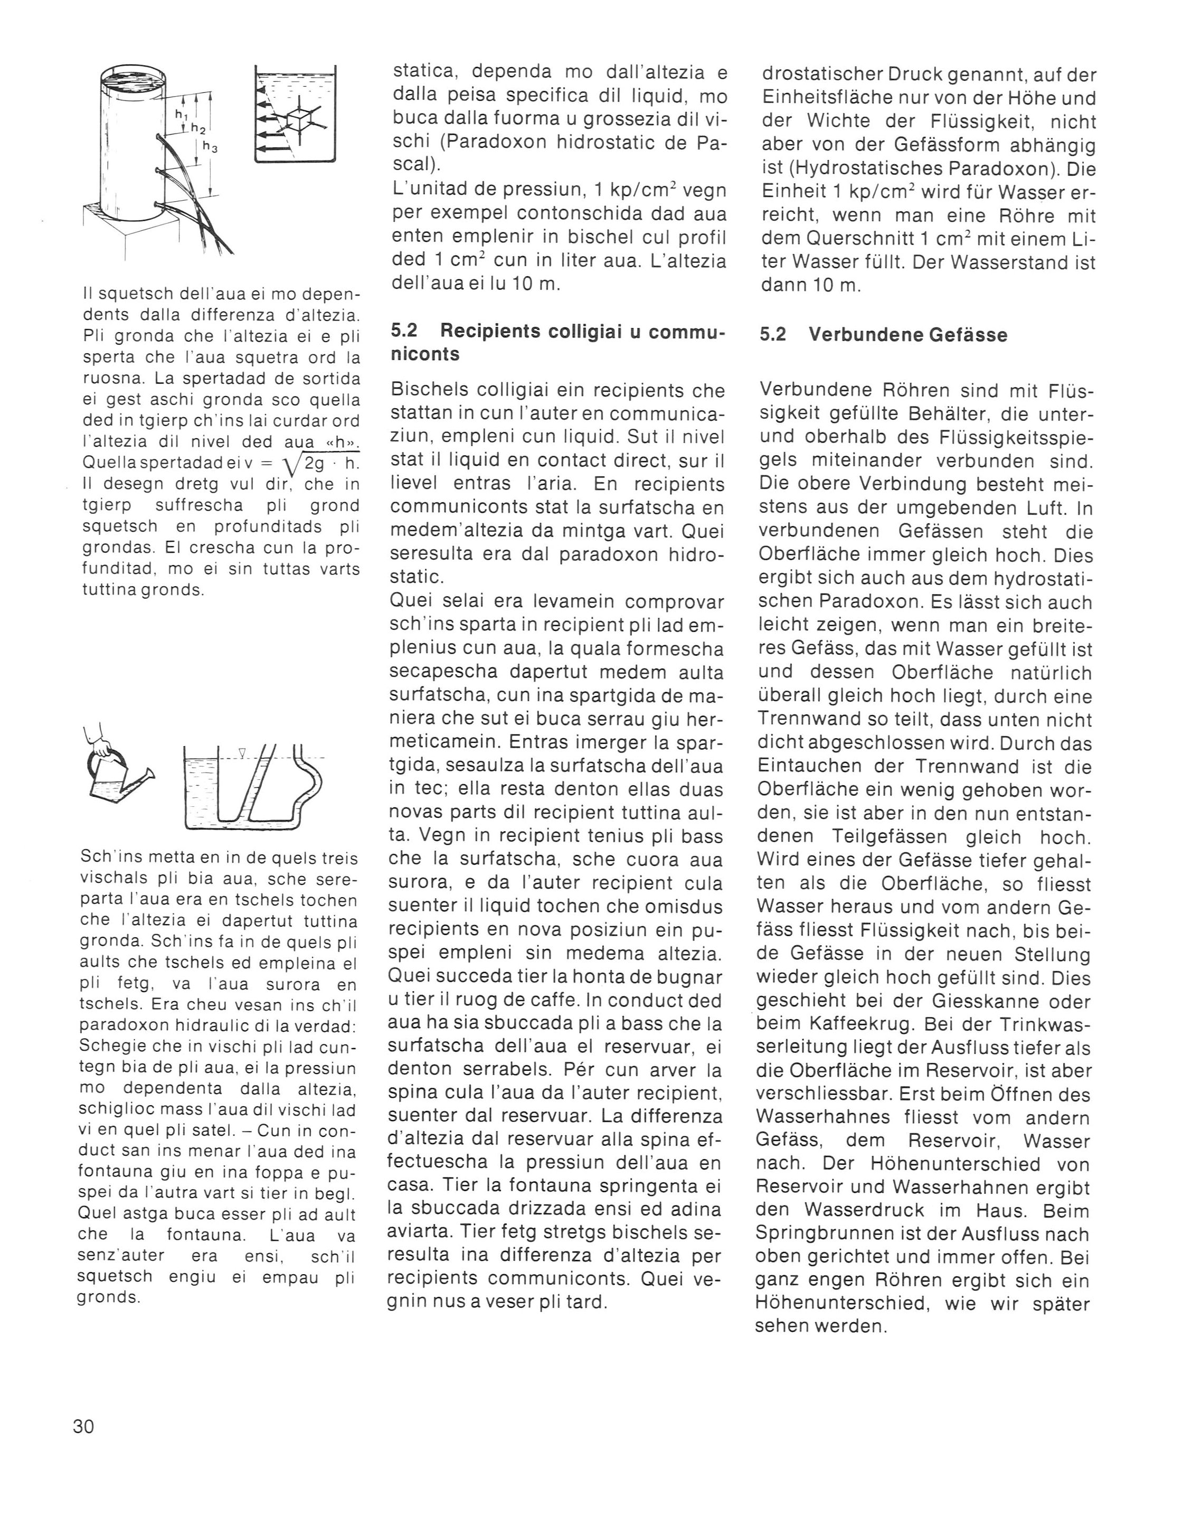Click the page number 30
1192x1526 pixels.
pyautogui.click(x=83, y=1425)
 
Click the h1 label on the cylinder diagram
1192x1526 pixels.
pyautogui.click(x=180, y=114)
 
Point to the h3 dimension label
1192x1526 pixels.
pyautogui.click(x=210, y=147)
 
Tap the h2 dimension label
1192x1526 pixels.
pyautogui.click(x=198, y=129)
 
